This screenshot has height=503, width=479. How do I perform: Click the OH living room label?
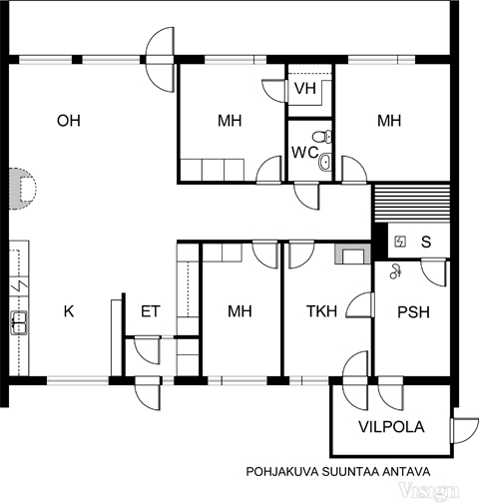click(x=69, y=121)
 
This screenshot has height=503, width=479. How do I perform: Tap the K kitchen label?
click(x=69, y=311)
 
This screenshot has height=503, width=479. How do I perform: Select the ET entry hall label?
click(x=151, y=311)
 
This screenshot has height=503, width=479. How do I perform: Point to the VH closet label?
click(x=305, y=89)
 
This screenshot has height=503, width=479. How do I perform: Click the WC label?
click(x=305, y=153)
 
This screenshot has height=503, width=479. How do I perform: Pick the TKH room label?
click(x=321, y=311)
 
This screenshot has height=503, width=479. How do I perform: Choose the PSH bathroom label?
click(x=413, y=312)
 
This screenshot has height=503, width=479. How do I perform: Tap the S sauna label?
click(x=426, y=242)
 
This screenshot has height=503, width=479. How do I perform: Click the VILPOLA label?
click(x=391, y=427)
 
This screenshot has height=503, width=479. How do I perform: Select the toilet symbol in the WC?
click(x=322, y=137)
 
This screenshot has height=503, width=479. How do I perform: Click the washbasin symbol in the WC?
click(x=325, y=162)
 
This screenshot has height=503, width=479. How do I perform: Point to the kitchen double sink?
click(x=19, y=322)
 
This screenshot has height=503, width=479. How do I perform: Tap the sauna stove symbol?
click(x=400, y=242)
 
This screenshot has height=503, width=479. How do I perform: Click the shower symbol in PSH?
click(x=395, y=271)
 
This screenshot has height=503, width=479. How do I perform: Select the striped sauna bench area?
click(x=412, y=204)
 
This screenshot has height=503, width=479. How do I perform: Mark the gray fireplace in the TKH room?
click(x=352, y=253)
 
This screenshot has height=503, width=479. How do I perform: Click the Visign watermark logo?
click(x=429, y=490)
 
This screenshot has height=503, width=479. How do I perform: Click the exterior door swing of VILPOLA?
click(x=464, y=430)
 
